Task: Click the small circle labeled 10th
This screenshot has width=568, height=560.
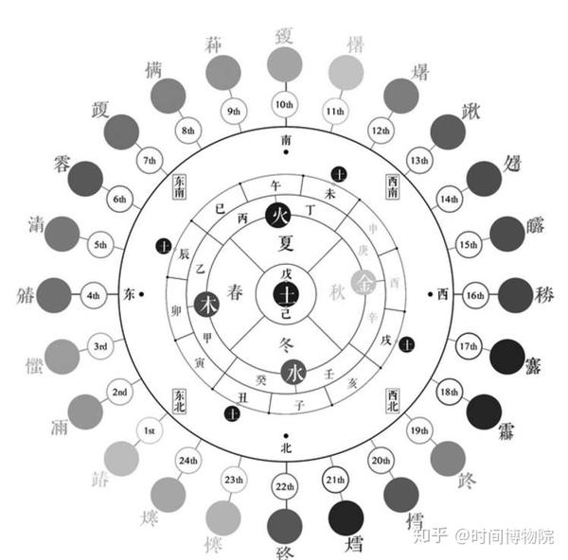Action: [283, 105]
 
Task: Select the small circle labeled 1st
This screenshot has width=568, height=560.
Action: [150, 431]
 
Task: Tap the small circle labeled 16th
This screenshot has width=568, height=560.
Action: [474, 295]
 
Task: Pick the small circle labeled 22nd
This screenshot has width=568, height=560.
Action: [282, 486]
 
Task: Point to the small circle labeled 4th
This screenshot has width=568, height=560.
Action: [93, 295]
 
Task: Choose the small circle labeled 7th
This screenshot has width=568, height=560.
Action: [150, 159]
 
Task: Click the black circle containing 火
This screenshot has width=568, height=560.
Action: [279, 215]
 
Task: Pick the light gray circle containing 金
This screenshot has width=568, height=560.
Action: [363, 282]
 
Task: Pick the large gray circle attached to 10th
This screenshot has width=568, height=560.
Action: [283, 64]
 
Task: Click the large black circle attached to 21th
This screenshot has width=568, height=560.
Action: [346, 516]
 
